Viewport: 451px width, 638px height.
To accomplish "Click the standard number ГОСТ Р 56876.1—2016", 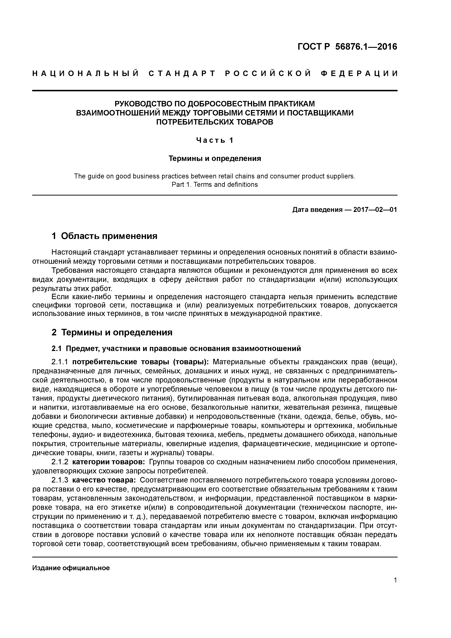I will [347, 47].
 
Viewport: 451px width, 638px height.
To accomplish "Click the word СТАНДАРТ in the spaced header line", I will [182, 74].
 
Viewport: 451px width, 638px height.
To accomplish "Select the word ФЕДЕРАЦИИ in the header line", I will [359, 74].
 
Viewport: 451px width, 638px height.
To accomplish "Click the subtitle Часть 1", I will [215, 140].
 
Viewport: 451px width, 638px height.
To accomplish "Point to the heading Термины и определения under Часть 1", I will [215, 158].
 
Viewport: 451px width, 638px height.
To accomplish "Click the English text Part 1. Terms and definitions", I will [215, 185].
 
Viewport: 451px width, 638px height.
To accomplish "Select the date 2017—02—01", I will [375, 210].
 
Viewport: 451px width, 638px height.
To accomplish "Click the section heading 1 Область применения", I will [105, 236].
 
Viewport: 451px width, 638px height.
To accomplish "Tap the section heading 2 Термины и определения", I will [112, 332].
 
